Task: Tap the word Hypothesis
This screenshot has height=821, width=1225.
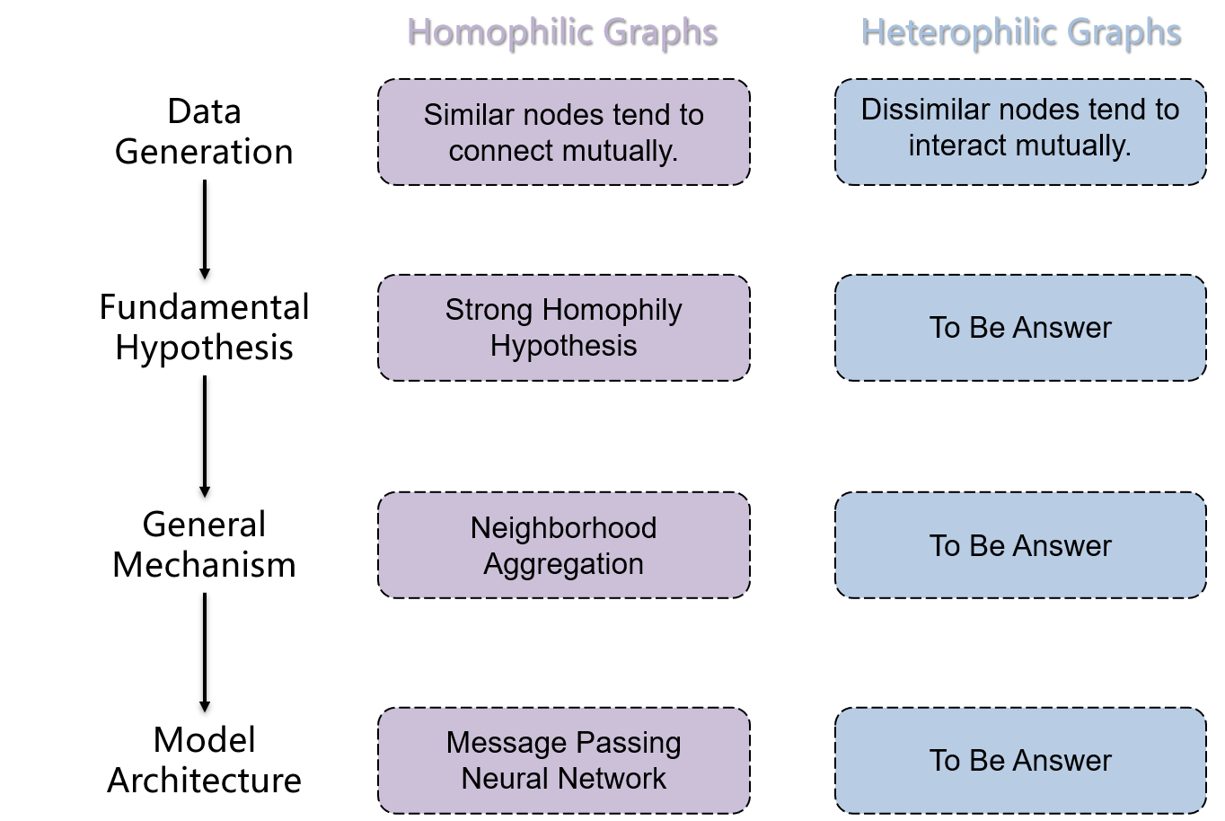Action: tap(564, 346)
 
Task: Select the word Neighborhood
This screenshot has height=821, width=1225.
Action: tap(564, 527)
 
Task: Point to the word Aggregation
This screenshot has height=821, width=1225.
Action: tap(564, 564)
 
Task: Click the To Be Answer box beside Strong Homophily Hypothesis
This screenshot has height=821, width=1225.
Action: tap(1020, 328)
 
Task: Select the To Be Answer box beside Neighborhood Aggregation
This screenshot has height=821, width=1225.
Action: tap(1020, 545)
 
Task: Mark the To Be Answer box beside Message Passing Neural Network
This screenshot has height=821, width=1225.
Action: tap(1020, 761)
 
